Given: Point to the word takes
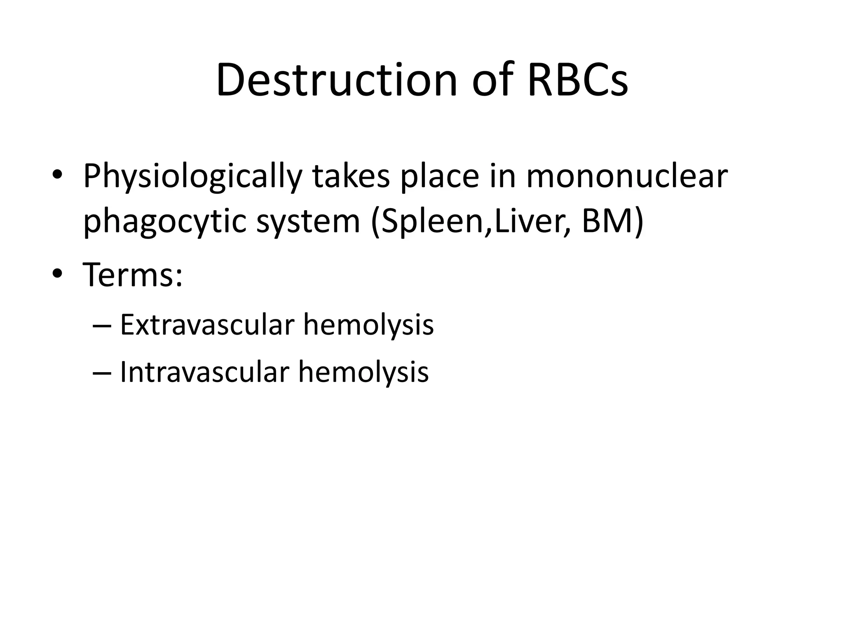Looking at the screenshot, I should coord(351,176).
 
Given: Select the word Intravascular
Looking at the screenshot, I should coord(205,372).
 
